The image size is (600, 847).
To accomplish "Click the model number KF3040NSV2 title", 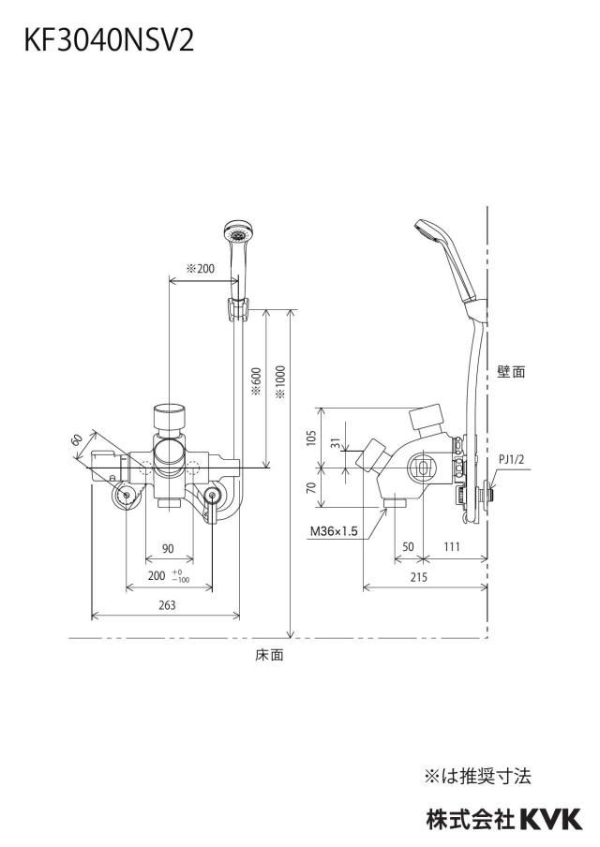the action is point(109,40).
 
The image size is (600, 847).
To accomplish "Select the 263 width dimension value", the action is point(167,605).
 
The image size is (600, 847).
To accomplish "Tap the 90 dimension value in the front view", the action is point(168,548).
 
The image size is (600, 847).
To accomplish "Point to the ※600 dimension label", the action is point(257,381).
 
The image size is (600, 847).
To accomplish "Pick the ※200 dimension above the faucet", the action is point(200,269).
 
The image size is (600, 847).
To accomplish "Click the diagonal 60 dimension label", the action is point(78,439).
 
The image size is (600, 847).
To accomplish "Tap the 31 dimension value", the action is point(337,443).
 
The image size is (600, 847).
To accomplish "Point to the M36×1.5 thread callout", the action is point(334,531).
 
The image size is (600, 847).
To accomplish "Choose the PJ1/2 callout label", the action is point(511,460).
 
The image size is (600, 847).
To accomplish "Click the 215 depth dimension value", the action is point(418,577).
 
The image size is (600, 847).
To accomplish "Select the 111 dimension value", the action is point(452,546).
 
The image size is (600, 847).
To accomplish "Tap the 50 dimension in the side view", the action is point(408,546).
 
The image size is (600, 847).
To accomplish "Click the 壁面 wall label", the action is point(511,372).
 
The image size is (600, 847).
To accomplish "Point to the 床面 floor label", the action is point(269,655).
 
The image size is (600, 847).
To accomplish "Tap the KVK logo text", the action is point(551,819).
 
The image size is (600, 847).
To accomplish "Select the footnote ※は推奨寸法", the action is point(478,777).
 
